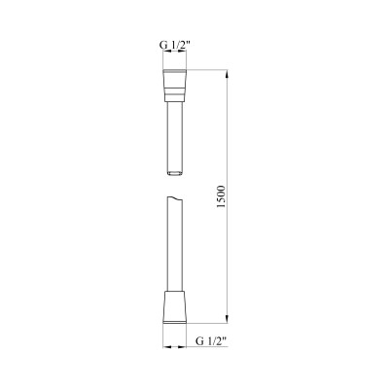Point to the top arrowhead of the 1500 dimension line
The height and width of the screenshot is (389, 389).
pos(227,73)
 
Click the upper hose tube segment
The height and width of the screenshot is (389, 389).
pos(175,136)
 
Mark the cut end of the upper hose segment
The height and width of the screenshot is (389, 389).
pos(175,175)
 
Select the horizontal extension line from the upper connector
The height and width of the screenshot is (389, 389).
pos(209,69)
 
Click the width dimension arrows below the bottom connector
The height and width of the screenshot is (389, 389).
pos(175,345)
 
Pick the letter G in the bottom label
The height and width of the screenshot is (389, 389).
pos(198,341)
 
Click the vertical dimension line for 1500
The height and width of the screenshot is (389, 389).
pos(227,146)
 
